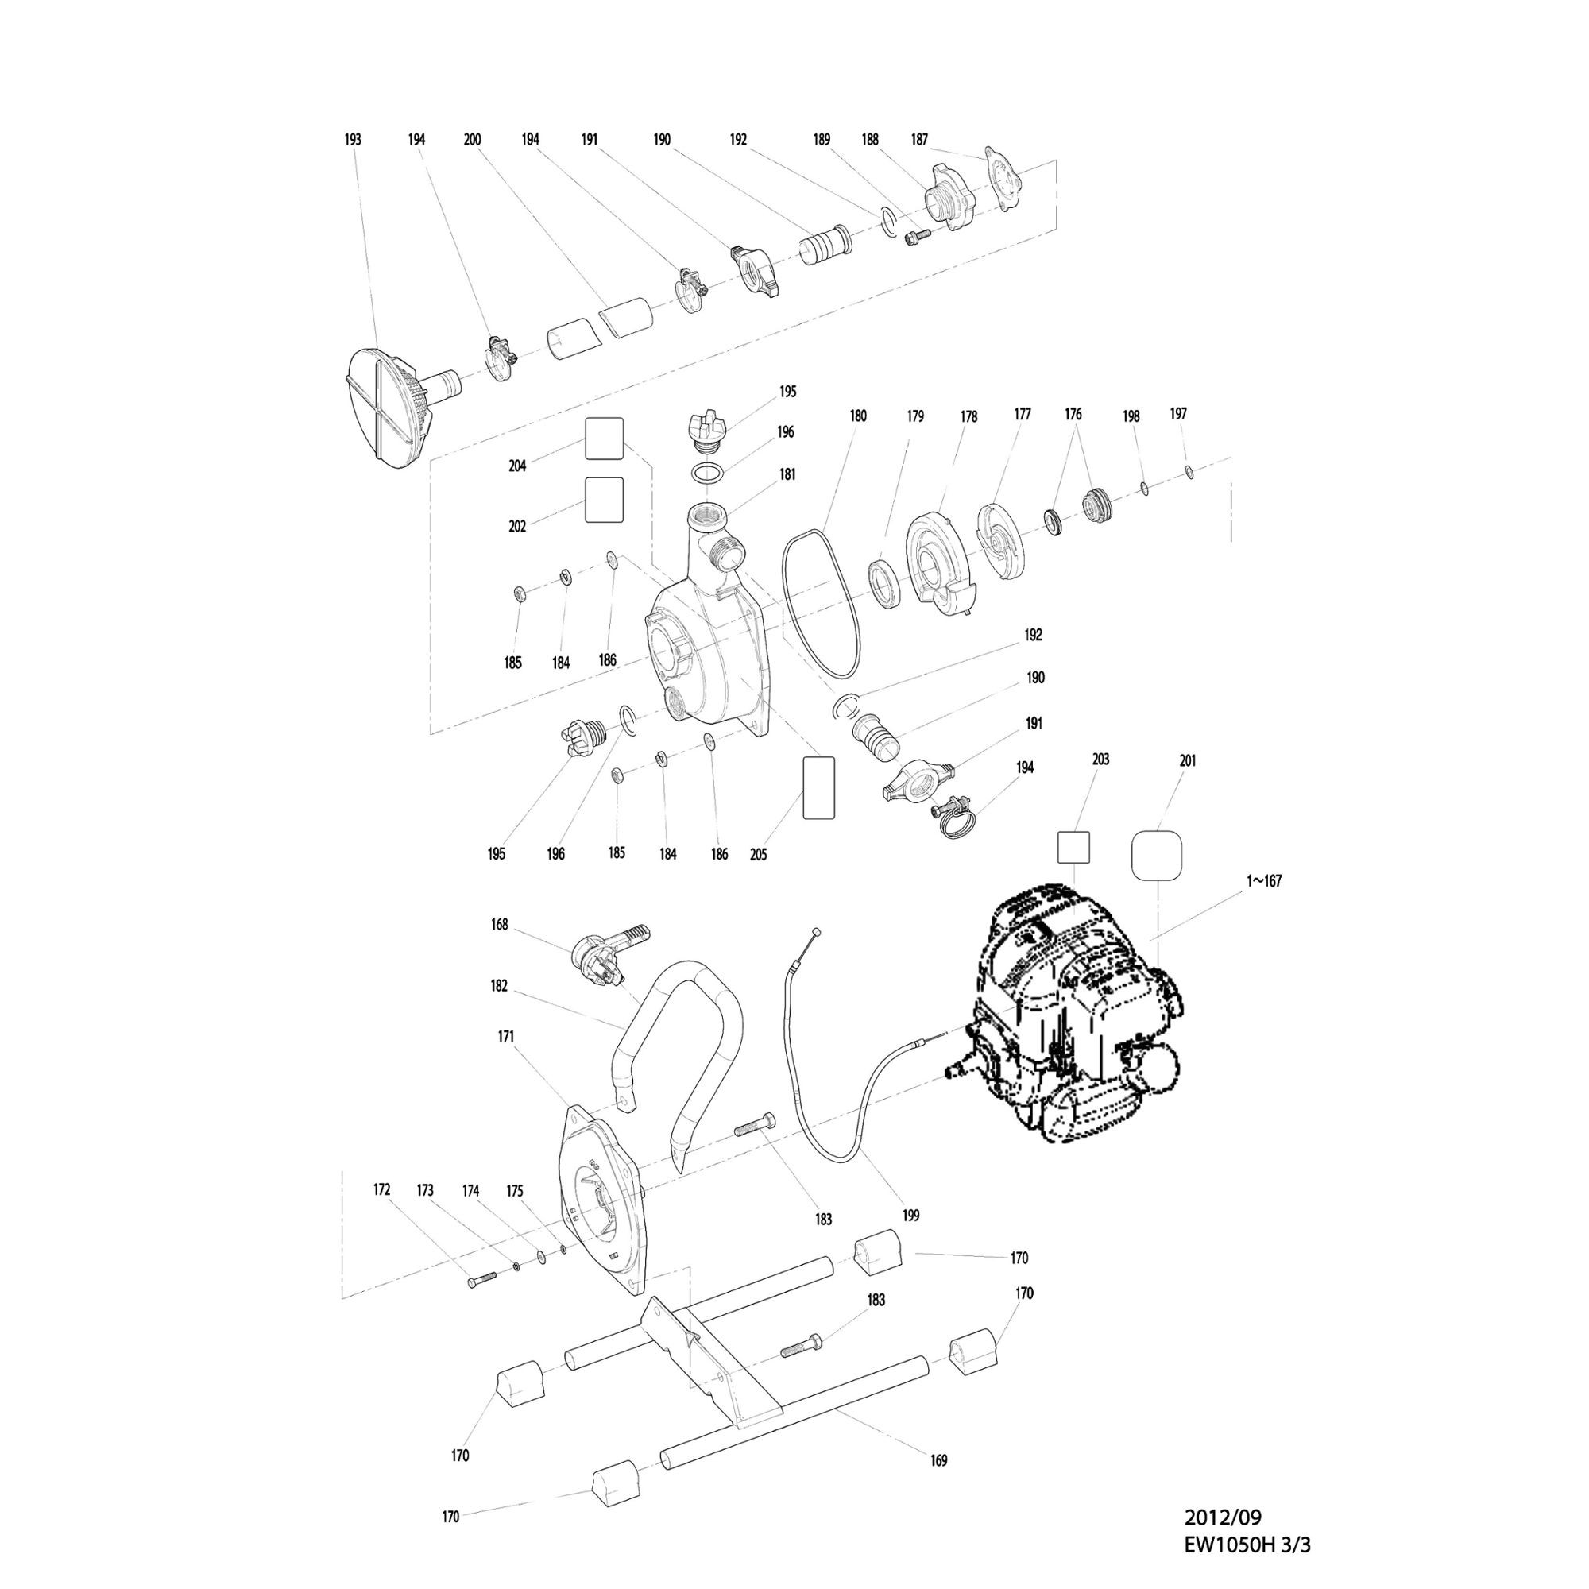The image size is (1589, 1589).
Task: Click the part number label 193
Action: point(352,140)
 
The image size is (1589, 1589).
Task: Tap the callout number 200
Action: point(472,140)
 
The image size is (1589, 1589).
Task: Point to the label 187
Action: point(919,140)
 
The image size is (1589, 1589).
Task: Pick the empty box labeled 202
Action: point(605,500)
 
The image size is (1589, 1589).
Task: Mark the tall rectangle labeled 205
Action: point(818,787)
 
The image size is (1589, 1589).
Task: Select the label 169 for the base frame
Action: point(938,1461)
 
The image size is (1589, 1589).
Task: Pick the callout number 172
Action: point(381,1190)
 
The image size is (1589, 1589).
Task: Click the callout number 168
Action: point(499,926)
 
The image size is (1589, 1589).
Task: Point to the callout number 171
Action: point(506,1037)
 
